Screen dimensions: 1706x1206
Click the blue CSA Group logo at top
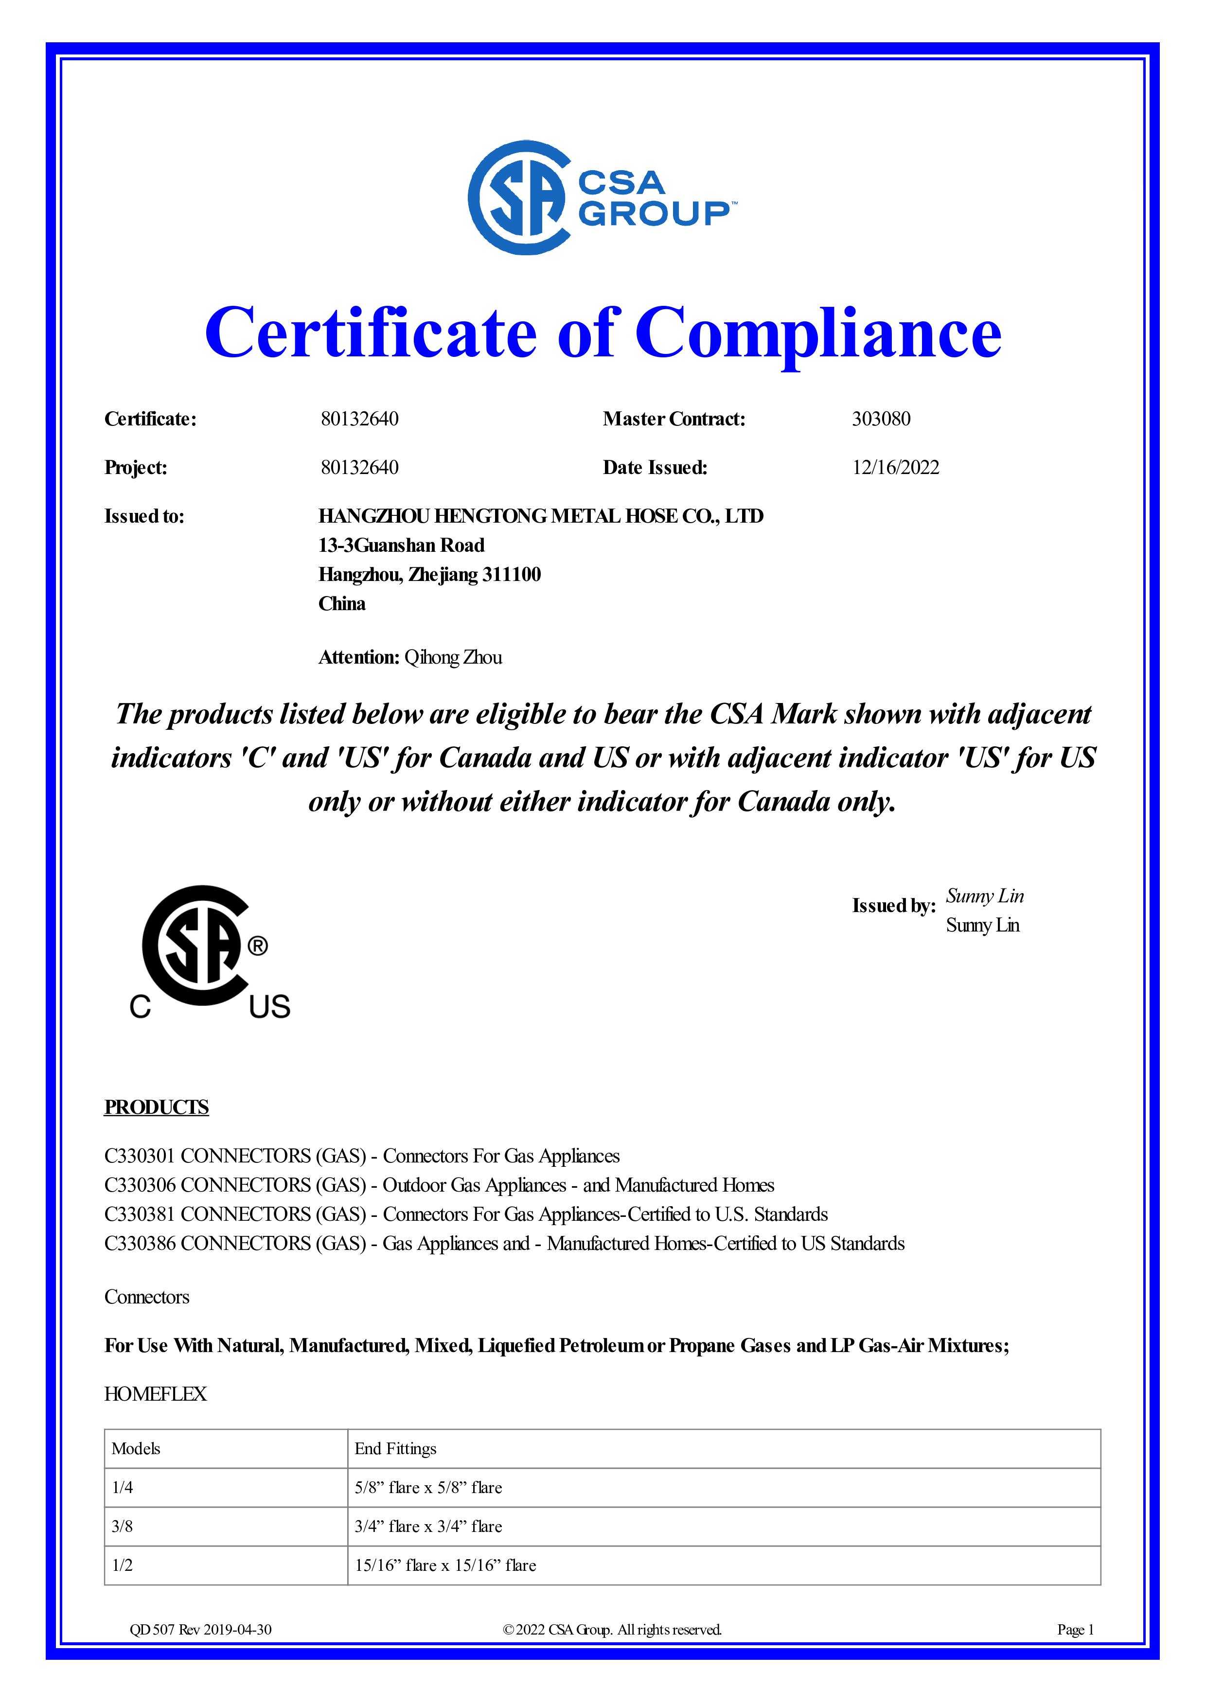pyautogui.click(x=602, y=198)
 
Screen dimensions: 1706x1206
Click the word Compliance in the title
pyautogui.click(x=817, y=333)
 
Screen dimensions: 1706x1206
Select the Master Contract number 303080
pyautogui.click(x=881, y=419)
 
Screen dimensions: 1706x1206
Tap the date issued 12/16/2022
pyautogui.click(x=895, y=467)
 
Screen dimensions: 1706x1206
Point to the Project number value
pyautogui.click(x=360, y=467)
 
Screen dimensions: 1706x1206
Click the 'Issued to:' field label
pyautogui.click(x=144, y=516)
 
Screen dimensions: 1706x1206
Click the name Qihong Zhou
pyautogui.click(x=453, y=658)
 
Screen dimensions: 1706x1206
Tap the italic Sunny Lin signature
pyautogui.click(x=985, y=896)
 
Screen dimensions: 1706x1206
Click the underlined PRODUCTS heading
pyautogui.click(x=156, y=1107)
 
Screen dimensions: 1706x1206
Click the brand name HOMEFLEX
pyautogui.click(x=155, y=1394)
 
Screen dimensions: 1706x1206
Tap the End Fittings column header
pyautogui.click(x=395, y=1449)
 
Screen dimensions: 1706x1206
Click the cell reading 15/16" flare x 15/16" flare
pyautogui.click(x=445, y=1565)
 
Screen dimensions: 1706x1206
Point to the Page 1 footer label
pyautogui.click(x=1075, y=1630)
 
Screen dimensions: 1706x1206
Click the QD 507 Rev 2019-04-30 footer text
pyautogui.click(x=201, y=1630)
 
